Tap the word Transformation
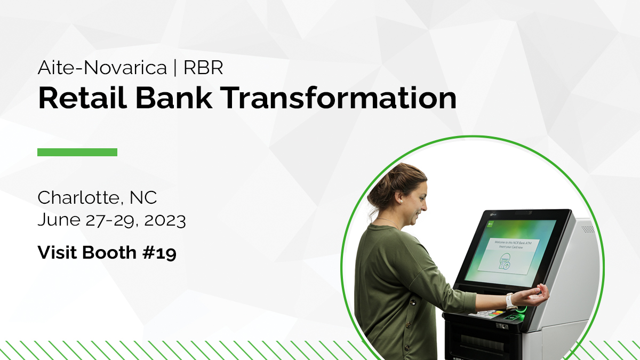point(339,99)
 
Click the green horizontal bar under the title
point(77,153)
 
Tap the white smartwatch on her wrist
point(510,301)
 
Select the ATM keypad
point(486,313)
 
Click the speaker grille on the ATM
point(587,229)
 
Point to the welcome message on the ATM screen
point(512,244)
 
